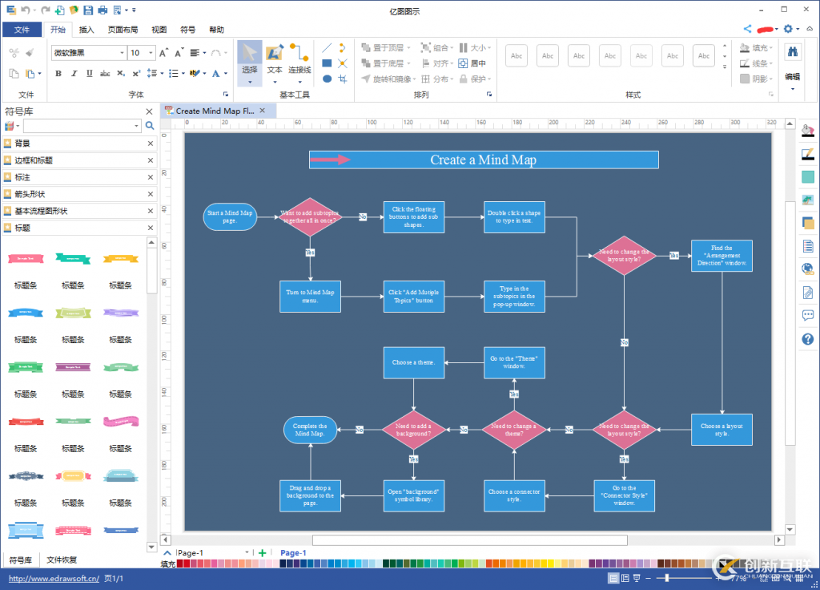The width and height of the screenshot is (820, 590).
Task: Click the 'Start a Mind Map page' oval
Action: [x=230, y=216]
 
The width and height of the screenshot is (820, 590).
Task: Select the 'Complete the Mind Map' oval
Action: [x=310, y=430]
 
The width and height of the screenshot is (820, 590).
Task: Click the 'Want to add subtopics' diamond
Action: [x=310, y=216]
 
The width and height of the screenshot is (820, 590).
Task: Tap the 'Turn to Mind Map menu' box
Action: [x=310, y=297]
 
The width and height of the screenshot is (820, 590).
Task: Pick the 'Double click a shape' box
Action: [x=514, y=216]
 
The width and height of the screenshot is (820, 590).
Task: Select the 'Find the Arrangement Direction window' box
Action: [x=722, y=256]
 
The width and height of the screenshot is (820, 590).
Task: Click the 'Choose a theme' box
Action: [x=413, y=362]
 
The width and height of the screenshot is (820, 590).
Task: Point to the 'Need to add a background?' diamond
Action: [x=413, y=430]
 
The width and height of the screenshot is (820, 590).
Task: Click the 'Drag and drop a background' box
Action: [x=310, y=495]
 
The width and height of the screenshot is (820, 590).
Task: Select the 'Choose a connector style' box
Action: [x=514, y=495]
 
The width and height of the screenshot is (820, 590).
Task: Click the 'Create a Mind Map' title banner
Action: [x=484, y=160]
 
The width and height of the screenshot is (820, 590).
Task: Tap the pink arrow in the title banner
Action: [x=330, y=160]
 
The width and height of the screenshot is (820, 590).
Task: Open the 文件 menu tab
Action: [x=22, y=30]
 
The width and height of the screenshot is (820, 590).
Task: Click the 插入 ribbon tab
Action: [x=86, y=30]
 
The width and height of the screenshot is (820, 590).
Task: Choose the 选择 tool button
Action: [x=250, y=63]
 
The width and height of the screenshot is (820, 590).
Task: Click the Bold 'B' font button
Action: [x=58, y=74]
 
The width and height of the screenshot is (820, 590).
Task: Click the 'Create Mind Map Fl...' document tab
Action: [x=214, y=111]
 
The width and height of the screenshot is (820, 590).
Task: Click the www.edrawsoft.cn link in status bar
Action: [x=54, y=578]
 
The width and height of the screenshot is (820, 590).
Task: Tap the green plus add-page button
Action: [x=262, y=553]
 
